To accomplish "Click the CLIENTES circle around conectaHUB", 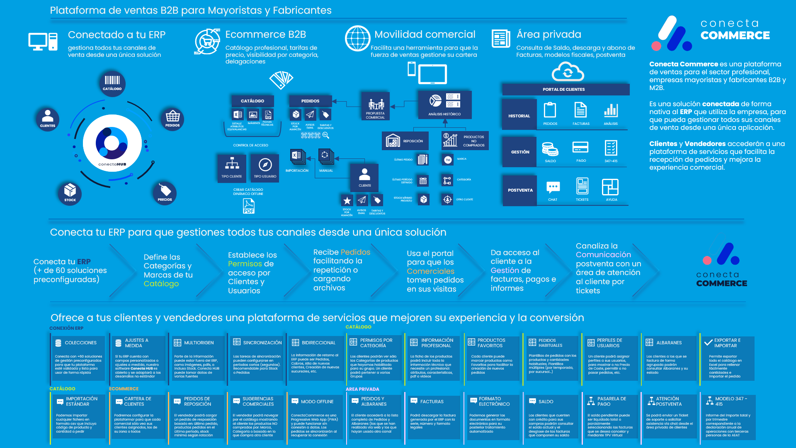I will (48, 119).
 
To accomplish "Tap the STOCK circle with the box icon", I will (70, 193).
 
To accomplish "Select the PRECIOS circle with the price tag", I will (165, 193).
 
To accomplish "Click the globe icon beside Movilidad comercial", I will (357, 38).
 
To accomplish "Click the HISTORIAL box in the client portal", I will (519, 116).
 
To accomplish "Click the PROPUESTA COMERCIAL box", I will (375, 106).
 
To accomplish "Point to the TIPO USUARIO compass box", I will (265, 168).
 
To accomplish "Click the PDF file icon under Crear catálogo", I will (248, 206).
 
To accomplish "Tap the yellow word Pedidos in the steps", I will (355, 252).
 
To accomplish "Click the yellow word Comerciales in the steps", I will (430, 271).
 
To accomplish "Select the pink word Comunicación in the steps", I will (603, 255).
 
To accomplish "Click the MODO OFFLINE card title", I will (317, 402).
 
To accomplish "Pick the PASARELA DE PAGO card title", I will (612, 401).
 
